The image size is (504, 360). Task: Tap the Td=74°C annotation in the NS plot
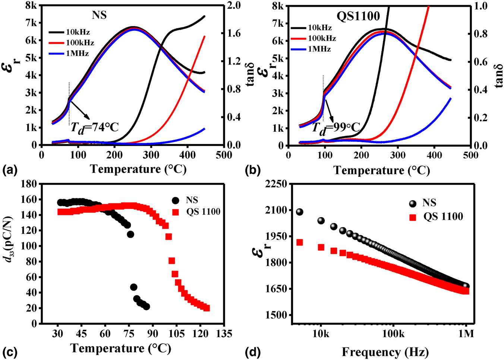94,127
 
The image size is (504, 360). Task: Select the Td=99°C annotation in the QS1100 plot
336,128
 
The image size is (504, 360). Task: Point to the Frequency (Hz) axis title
385,351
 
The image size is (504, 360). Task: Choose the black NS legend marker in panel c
175,200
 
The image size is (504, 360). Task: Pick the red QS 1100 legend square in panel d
412,217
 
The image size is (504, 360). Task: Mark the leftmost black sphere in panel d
299,212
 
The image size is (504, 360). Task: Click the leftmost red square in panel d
299,242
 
